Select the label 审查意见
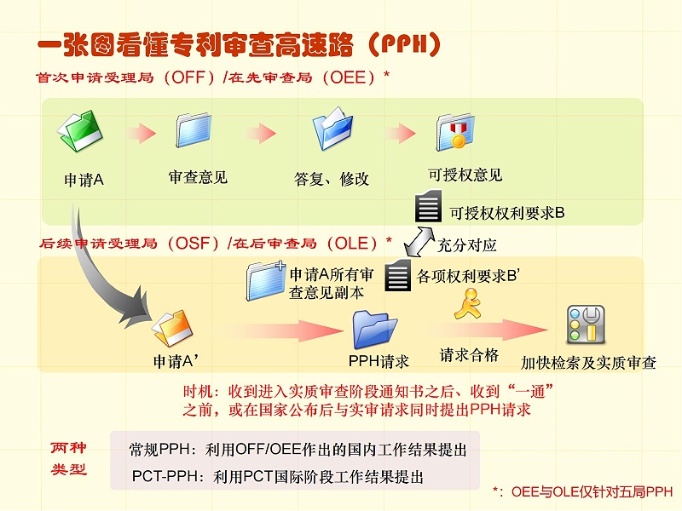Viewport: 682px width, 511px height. [198, 177]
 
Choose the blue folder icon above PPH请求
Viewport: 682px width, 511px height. [376, 329]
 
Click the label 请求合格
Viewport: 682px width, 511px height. [469, 354]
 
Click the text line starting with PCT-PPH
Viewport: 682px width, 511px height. [278, 476]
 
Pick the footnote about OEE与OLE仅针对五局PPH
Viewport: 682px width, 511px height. [583, 491]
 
